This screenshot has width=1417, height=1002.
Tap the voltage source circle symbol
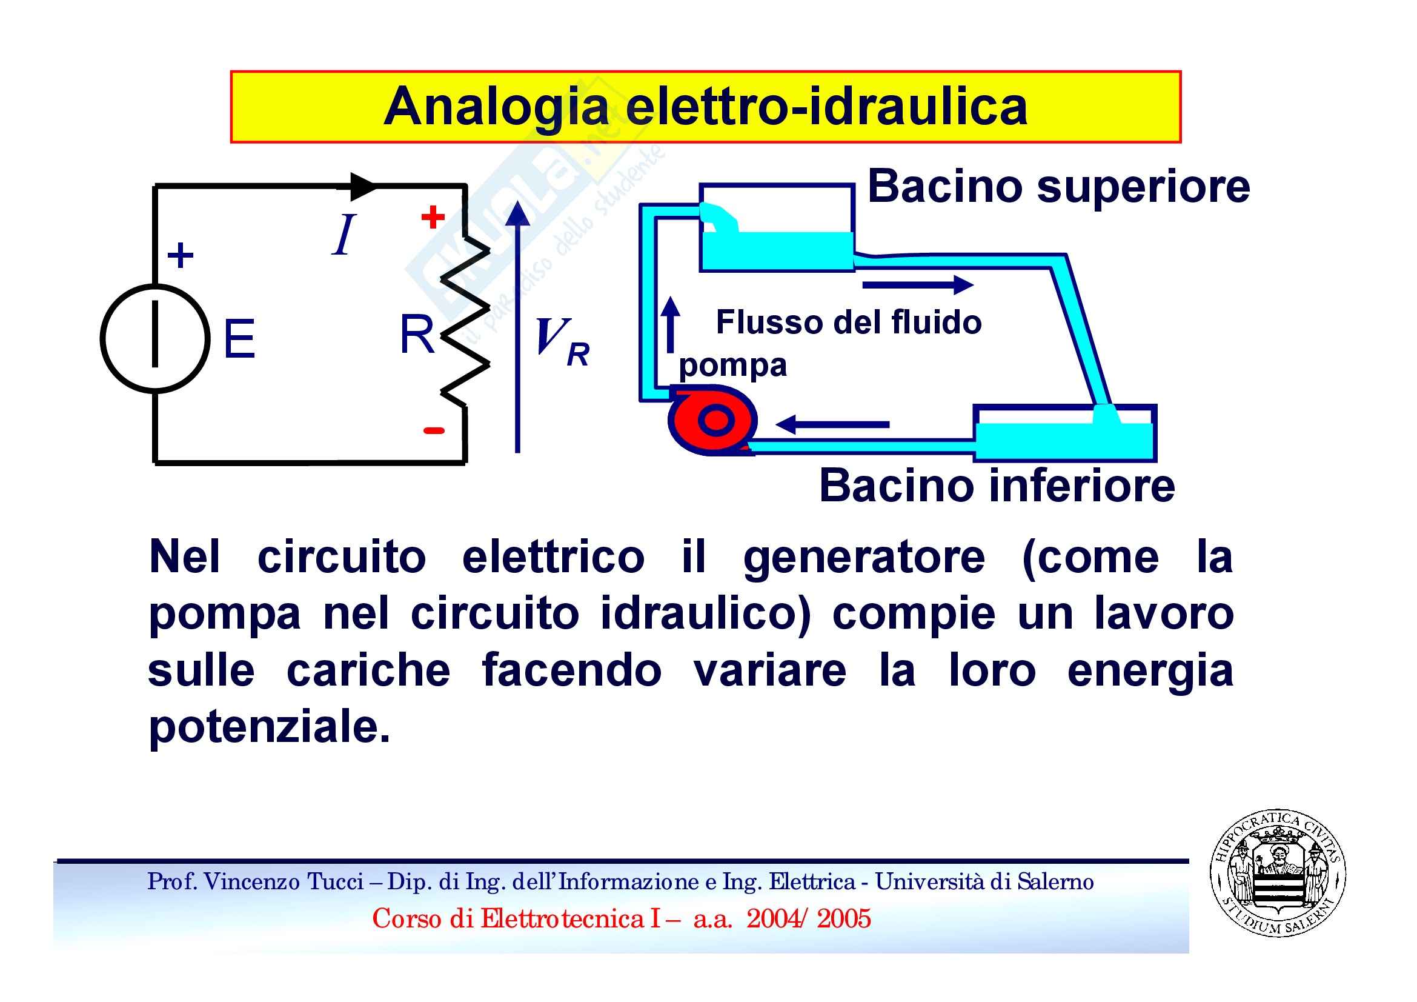point(155,338)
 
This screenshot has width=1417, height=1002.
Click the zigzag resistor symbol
point(464,321)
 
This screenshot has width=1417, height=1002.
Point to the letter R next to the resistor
point(417,334)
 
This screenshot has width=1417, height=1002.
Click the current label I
point(343,235)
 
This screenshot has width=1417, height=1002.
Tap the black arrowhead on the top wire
point(363,185)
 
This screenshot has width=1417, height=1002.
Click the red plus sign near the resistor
point(433,216)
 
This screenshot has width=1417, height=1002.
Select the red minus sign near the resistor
point(434,430)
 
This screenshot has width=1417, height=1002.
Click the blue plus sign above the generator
point(180,255)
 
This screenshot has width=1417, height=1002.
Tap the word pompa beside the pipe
point(732,366)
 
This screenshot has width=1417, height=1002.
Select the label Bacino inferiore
point(997,486)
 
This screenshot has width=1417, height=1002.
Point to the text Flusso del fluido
point(849,322)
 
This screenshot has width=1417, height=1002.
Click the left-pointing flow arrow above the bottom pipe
point(832,424)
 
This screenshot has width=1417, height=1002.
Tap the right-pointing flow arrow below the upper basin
point(918,285)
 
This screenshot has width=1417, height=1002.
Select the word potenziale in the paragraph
point(270,727)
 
